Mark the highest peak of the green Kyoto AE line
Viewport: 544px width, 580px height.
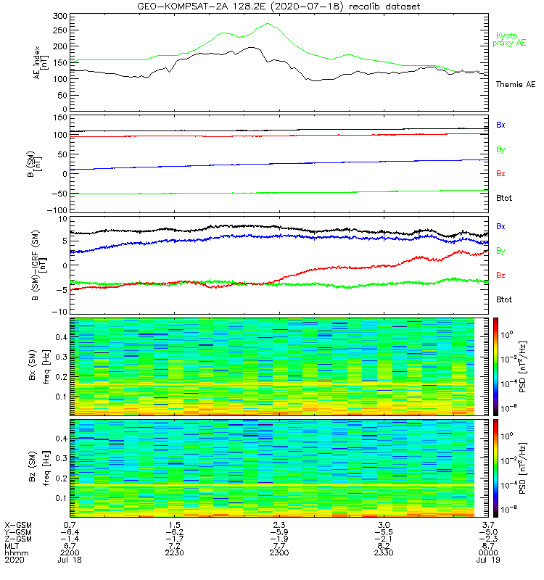click(268, 23)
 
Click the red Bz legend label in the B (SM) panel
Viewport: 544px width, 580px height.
click(500, 173)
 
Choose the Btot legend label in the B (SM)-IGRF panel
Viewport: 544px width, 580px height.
click(503, 299)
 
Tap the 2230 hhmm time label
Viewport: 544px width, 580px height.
click(175, 553)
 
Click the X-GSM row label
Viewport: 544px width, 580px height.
click(17, 524)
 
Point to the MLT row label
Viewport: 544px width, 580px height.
click(12, 546)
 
